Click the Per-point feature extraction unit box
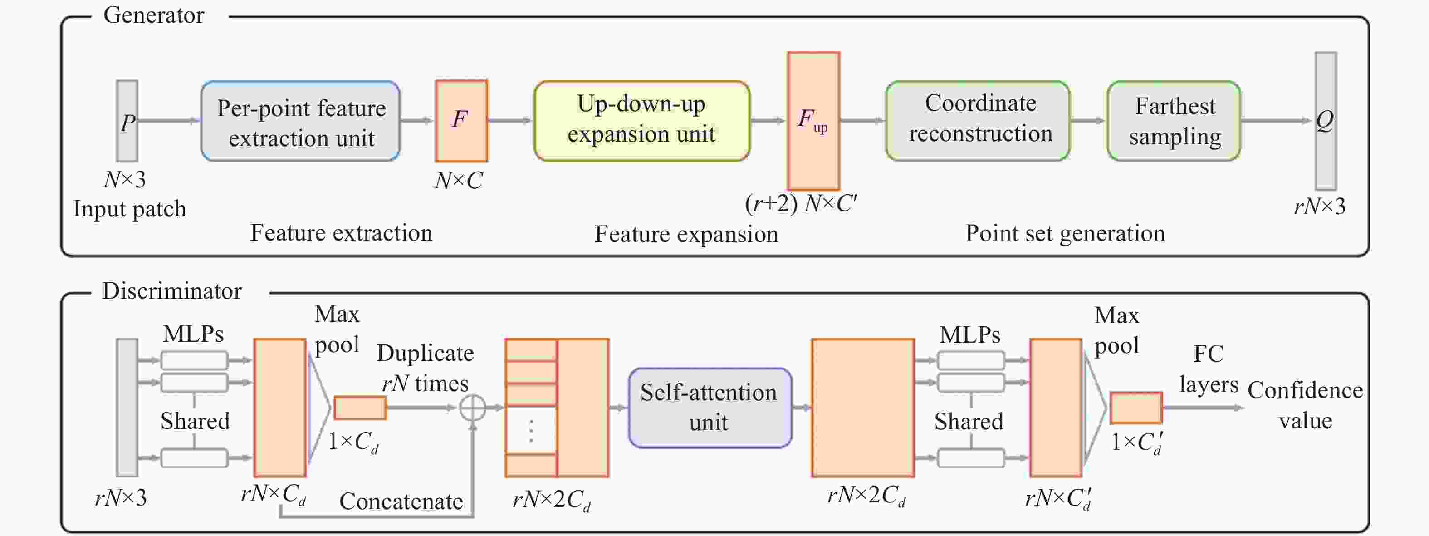(x=300, y=122)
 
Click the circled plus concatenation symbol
(x=473, y=408)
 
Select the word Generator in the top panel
(x=154, y=15)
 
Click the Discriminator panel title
(x=172, y=291)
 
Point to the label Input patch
(x=130, y=209)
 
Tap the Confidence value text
(x=1305, y=406)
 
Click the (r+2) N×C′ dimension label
(x=801, y=204)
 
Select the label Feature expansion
(x=686, y=234)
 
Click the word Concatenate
(x=401, y=501)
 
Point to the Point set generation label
(x=1065, y=233)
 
